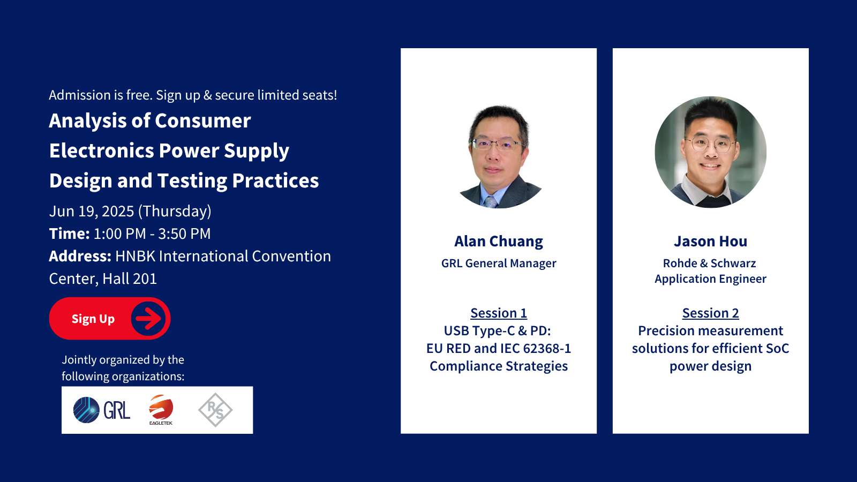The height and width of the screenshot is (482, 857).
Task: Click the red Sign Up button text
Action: pyautogui.click(x=93, y=319)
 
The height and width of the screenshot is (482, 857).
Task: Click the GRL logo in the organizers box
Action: pyautogui.click(x=102, y=410)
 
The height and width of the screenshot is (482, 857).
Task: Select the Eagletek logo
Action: pyautogui.click(x=161, y=410)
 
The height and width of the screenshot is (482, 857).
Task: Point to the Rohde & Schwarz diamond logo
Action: pyautogui.click(x=215, y=410)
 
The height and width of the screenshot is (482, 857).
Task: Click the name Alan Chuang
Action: pyautogui.click(x=499, y=242)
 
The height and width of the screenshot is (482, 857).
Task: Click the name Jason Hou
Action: pyautogui.click(x=710, y=242)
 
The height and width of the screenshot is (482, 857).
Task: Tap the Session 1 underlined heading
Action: pyautogui.click(x=499, y=313)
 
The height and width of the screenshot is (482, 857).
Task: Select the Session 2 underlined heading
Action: pyautogui.click(x=710, y=313)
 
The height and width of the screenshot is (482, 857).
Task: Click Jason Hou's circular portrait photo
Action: pyautogui.click(x=710, y=152)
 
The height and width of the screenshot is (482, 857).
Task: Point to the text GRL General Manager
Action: pyautogui.click(x=499, y=263)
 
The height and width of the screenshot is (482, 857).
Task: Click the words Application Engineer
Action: pyautogui.click(x=710, y=279)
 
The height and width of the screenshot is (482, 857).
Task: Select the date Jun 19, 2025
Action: pyautogui.click(x=92, y=211)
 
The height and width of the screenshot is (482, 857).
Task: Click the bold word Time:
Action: pyautogui.click(x=69, y=234)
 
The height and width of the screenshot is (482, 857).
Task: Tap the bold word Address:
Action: pyautogui.click(x=80, y=256)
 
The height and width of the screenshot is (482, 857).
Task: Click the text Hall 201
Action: pyautogui.click(x=130, y=278)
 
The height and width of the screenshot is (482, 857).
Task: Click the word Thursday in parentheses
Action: pyautogui.click(x=175, y=211)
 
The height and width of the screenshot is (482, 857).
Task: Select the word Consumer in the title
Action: pyautogui.click(x=203, y=121)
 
